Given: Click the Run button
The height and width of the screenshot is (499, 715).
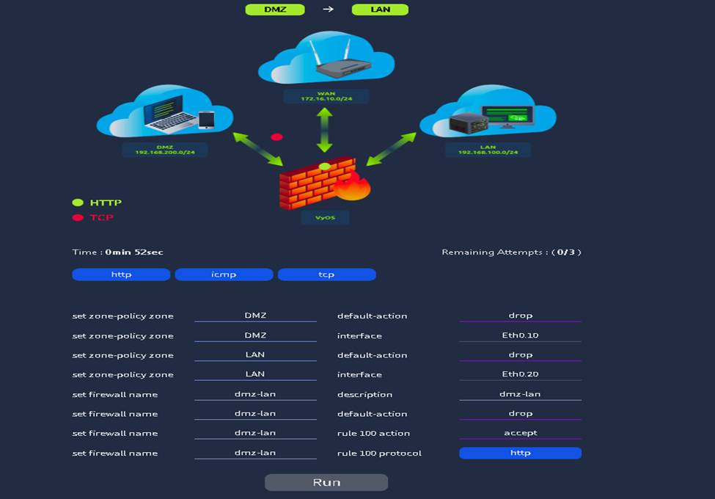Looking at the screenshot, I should (x=326, y=482).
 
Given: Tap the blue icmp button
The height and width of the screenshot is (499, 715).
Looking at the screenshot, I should (x=224, y=274).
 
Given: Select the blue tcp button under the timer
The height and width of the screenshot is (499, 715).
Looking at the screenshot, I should (x=326, y=274).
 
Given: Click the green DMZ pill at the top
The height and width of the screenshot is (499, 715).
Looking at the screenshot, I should (x=275, y=10).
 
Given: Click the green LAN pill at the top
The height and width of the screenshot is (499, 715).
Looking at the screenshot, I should (x=380, y=10).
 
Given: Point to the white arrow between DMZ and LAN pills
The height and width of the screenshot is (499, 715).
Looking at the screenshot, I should (x=328, y=10).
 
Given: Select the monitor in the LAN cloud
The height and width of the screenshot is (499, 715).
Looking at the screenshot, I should (x=507, y=116).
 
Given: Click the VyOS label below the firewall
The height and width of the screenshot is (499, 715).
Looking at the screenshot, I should (x=325, y=217).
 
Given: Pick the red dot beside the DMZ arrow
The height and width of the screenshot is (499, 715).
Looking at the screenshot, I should (x=276, y=137).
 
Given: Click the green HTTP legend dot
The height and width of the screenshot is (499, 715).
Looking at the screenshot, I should (x=78, y=203).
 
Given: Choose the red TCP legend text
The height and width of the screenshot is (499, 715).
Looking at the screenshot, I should (x=101, y=217).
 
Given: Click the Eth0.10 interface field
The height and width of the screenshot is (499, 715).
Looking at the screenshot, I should (x=520, y=335).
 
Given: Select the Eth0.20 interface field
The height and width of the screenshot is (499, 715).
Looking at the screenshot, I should (x=520, y=374).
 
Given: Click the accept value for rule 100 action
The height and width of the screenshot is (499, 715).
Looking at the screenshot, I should (x=520, y=433).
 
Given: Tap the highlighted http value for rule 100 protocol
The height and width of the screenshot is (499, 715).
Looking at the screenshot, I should (x=520, y=453).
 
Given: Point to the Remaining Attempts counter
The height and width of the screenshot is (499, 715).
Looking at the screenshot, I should (x=511, y=252).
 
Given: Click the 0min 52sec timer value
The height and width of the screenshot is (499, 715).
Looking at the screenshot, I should (x=134, y=252).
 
